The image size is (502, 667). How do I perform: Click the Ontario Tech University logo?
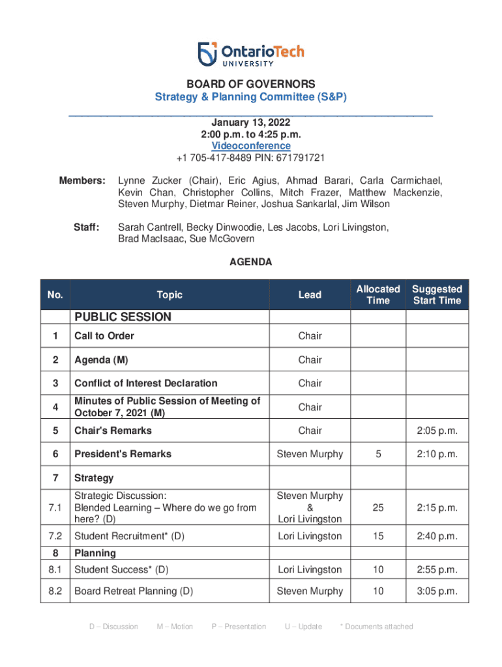[x=251, y=54]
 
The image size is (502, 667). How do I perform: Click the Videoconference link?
[x=251, y=146]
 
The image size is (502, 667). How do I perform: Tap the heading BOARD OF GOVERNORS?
[x=251, y=84]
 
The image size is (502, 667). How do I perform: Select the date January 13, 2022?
[x=251, y=122]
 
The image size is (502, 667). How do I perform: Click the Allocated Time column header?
[x=378, y=294]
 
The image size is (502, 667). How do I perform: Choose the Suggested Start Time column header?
[x=437, y=294]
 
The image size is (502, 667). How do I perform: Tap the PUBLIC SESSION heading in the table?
[x=123, y=317]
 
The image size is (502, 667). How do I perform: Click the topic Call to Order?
[x=104, y=336]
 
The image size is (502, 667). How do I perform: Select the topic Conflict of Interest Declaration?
[x=146, y=383]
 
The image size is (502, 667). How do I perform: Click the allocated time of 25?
[x=378, y=507]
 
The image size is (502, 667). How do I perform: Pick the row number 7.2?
[x=55, y=536]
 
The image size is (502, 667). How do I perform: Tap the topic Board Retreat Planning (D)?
[x=134, y=591]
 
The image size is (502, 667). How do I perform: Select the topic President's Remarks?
[x=123, y=454]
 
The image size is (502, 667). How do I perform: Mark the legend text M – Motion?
[x=175, y=627]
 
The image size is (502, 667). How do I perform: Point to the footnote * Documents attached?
[x=377, y=627]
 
